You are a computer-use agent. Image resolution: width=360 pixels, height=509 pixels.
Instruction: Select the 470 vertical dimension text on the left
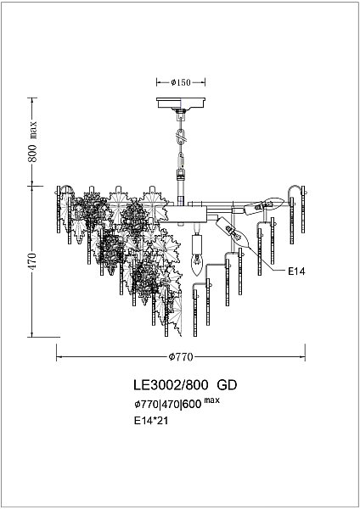(x=33, y=260)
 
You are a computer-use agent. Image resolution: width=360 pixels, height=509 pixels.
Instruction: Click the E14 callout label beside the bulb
(x=294, y=271)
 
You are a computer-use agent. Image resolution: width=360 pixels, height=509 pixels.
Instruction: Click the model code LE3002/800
(x=171, y=384)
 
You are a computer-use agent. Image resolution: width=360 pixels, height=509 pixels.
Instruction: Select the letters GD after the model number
(x=226, y=384)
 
